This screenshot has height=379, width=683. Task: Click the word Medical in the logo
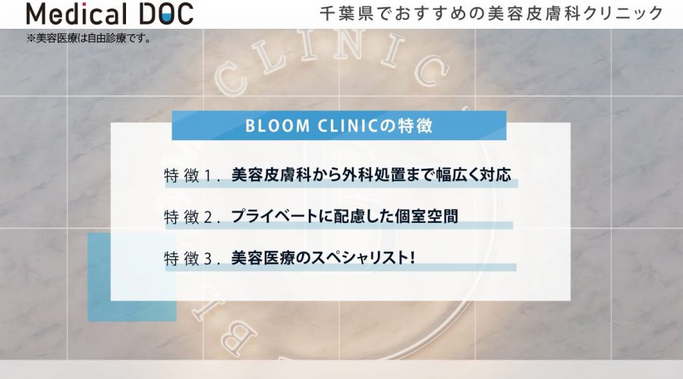77,14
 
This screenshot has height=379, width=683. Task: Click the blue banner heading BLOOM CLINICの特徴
339,125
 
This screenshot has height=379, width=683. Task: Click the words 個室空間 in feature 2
426,216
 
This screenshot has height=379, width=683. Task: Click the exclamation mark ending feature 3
411,258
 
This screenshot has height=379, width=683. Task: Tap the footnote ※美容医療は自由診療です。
89,39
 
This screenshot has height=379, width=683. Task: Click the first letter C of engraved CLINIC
228,80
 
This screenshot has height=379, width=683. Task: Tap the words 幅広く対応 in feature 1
474,175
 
